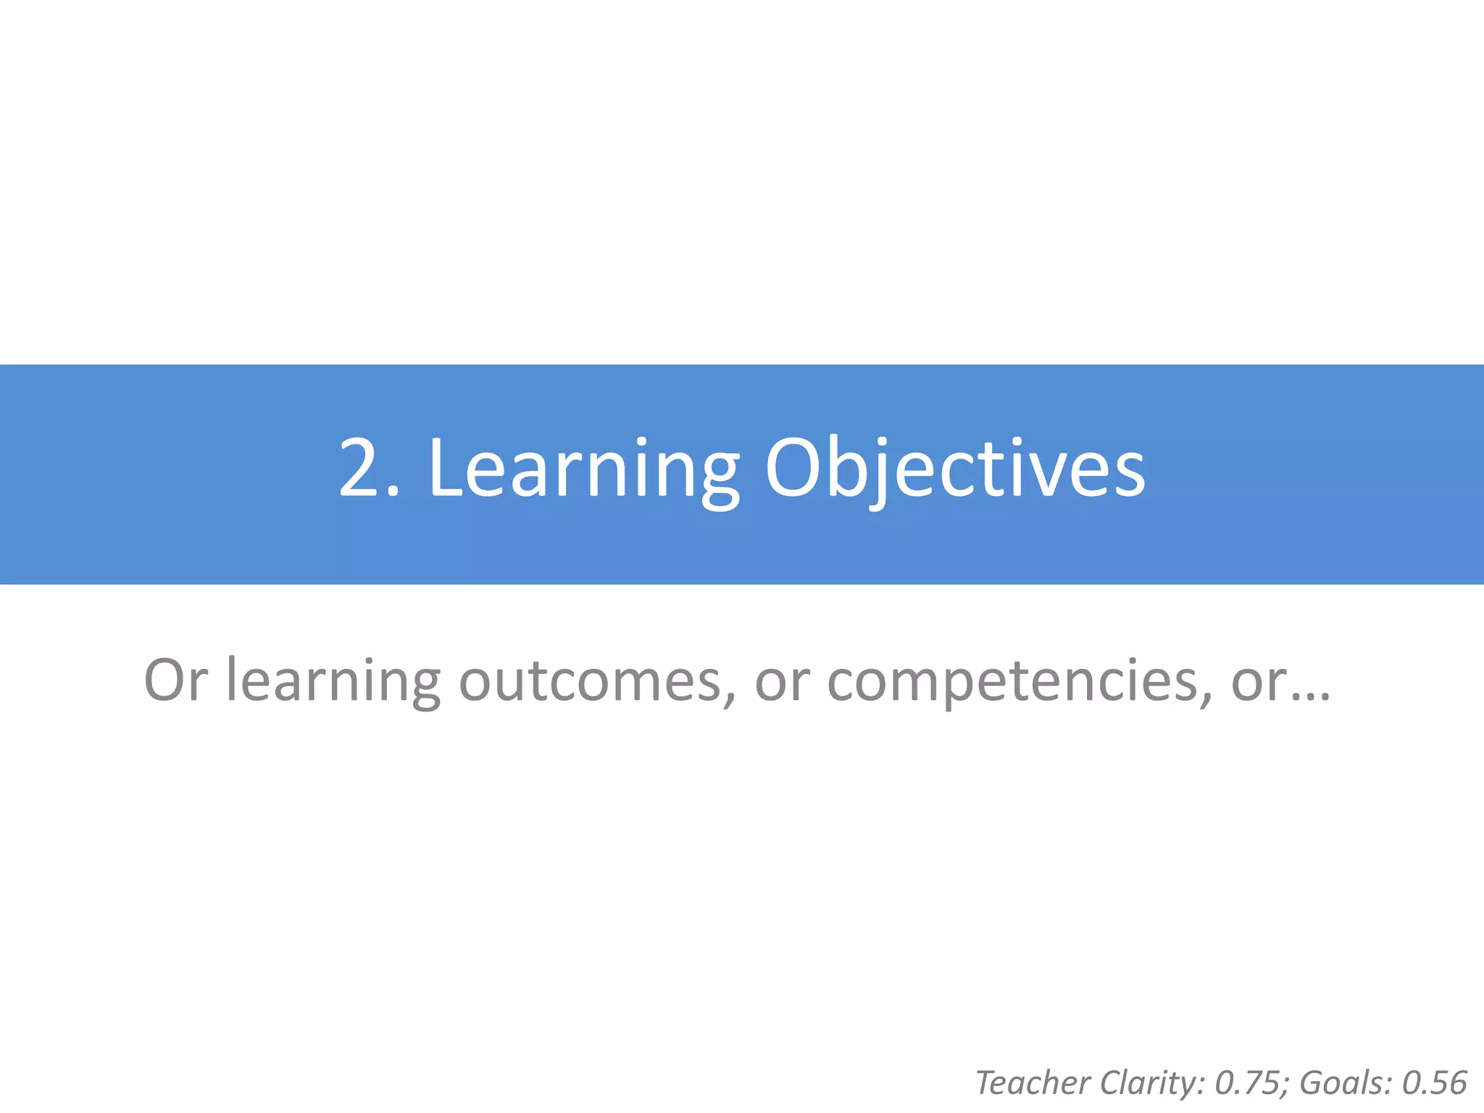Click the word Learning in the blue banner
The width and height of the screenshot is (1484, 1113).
[x=583, y=470]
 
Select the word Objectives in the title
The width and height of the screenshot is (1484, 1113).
[x=954, y=470]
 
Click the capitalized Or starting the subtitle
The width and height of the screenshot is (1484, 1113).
[x=176, y=681]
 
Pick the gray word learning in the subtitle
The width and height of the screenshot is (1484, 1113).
[x=333, y=681]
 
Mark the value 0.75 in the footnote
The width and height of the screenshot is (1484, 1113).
[x=1246, y=1083]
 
